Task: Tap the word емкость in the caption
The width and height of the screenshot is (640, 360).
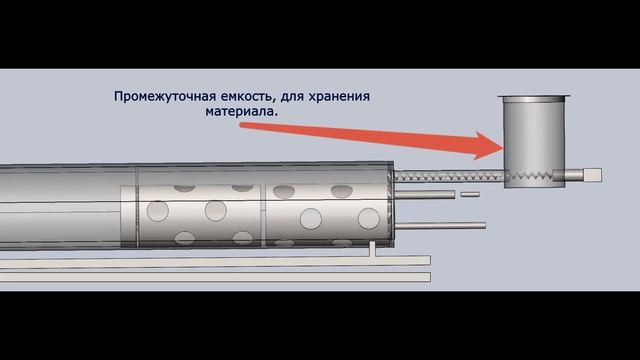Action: tap(241, 97)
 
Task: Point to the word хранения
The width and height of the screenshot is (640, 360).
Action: tap(338, 97)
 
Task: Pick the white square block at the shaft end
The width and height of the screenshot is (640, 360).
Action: tap(592, 175)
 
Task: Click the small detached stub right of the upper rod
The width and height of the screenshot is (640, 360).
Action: tap(470, 194)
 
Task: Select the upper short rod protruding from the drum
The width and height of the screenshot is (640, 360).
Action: tap(424, 192)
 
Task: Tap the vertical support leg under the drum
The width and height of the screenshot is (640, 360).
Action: tap(372, 245)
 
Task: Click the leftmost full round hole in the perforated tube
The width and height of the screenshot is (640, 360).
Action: tap(157, 211)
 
